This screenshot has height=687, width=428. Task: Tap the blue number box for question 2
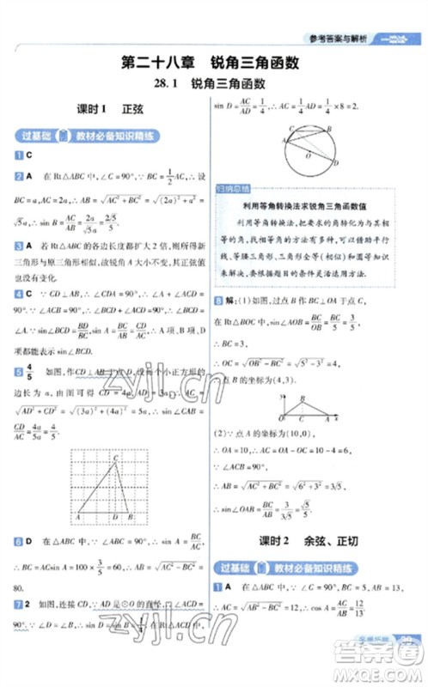pyautogui.click(x=17, y=176)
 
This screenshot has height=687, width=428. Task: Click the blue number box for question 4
pyautogui.click(x=17, y=293)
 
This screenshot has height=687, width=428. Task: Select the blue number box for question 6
pyautogui.click(x=17, y=541)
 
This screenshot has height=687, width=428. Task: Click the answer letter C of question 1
pyautogui.click(x=29, y=155)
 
